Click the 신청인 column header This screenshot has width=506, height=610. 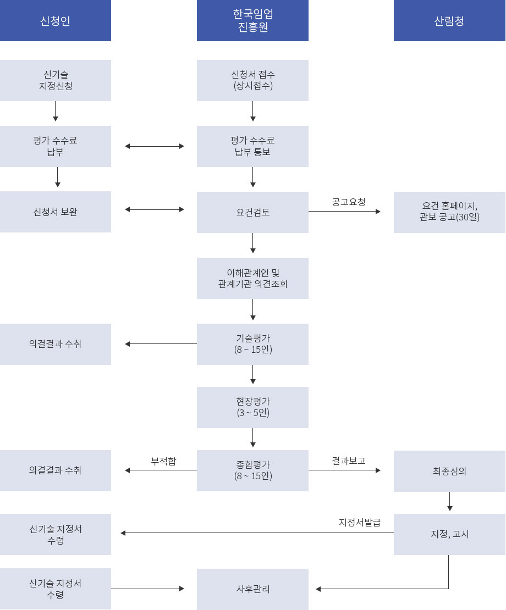55,20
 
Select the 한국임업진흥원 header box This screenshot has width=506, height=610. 252,20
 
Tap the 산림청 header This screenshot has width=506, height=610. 449,20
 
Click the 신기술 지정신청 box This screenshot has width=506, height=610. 55,81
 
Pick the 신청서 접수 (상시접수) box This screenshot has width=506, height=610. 252,81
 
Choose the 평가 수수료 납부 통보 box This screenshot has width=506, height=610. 252,146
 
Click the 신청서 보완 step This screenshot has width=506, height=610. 55,212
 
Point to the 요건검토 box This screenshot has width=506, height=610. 252,212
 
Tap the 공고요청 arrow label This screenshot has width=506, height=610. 349,202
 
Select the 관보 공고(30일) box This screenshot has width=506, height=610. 449,212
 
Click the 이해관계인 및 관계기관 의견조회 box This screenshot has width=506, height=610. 252,278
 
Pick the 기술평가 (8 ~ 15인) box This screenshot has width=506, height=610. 252,344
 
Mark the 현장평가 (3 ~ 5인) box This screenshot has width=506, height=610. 252,407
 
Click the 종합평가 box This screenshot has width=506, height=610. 252,470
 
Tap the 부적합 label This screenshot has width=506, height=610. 163,462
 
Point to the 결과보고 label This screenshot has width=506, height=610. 349,461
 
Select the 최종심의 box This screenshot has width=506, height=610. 449,471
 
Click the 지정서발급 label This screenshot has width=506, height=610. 360,523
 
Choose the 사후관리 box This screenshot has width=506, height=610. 252,589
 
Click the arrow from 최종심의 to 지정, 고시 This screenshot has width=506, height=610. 449,501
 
